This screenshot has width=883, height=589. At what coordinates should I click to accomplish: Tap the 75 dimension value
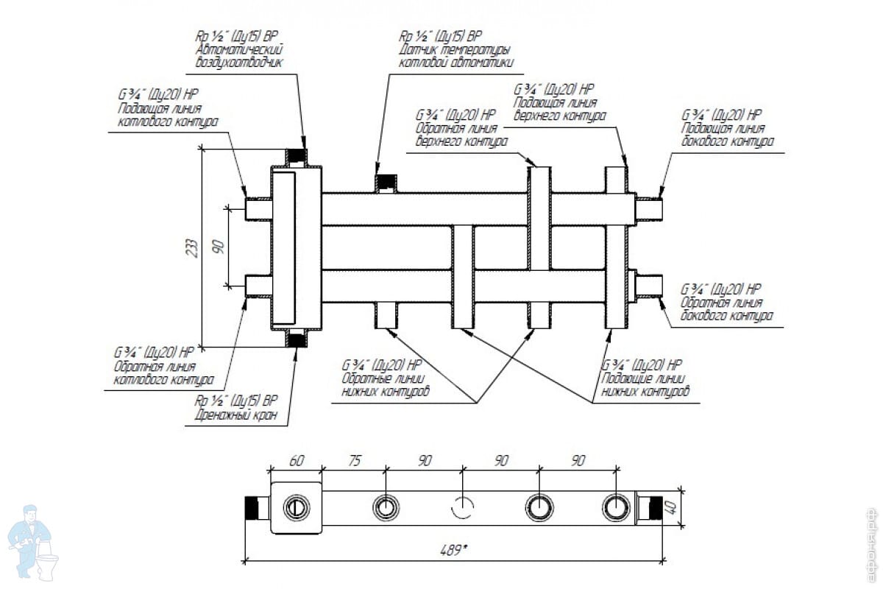(x=354, y=461)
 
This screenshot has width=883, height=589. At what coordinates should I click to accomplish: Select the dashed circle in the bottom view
(x=463, y=507)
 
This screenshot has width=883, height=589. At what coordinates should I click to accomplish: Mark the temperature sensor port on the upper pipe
(x=386, y=183)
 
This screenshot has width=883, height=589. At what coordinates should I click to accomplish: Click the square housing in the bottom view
(x=297, y=508)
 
